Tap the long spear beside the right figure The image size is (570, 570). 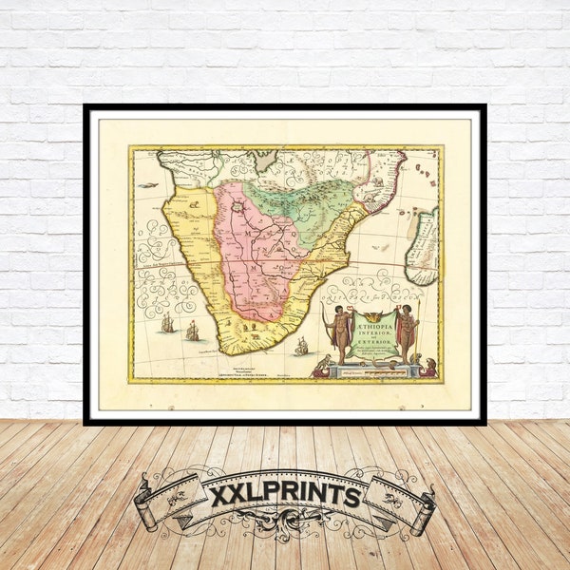pos(418,332)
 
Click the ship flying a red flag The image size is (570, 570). pos(193,331)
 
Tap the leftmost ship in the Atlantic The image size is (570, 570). pos(168,323)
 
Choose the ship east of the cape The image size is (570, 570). pos(301,347)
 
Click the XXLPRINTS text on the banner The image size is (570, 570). pos(285,496)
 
